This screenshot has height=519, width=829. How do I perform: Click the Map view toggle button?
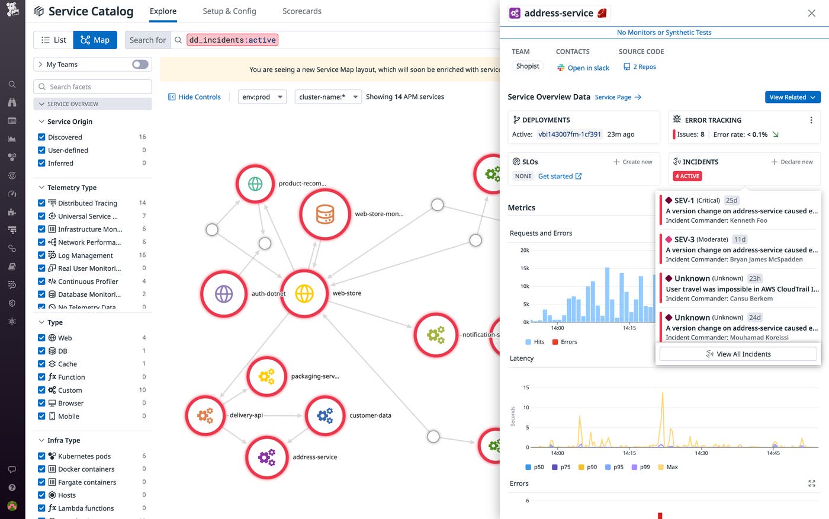click(x=95, y=40)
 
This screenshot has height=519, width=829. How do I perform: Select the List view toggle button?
click(x=53, y=40)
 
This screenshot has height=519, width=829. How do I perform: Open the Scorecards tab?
click(x=301, y=11)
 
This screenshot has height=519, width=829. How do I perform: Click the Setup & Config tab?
click(x=229, y=11)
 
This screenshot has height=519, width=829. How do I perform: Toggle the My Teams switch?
click(x=140, y=65)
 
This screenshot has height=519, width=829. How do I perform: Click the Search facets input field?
click(x=93, y=86)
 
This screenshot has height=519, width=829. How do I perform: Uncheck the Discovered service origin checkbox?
click(x=41, y=137)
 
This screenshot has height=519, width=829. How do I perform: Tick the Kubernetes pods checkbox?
click(x=41, y=456)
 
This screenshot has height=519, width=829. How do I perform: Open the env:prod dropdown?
click(x=262, y=97)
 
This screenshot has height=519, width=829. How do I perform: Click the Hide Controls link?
click(x=194, y=97)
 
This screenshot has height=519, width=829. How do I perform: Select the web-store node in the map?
click(x=304, y=293)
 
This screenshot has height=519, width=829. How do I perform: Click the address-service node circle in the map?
click(x=267, y=457)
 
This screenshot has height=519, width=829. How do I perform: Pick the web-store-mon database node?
click(x=324, y=214)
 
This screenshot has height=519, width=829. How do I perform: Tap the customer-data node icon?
click(x=324, y=415)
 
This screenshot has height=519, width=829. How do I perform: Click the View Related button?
click(x=792, y=97)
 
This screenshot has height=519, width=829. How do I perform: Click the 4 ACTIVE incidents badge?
click(x=687, y=176)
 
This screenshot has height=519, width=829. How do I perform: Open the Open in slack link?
click(x=588, y=68)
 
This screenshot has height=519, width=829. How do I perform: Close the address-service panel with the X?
click(x=811, y=13)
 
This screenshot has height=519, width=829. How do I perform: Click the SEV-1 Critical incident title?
click(x=741, y=211)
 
